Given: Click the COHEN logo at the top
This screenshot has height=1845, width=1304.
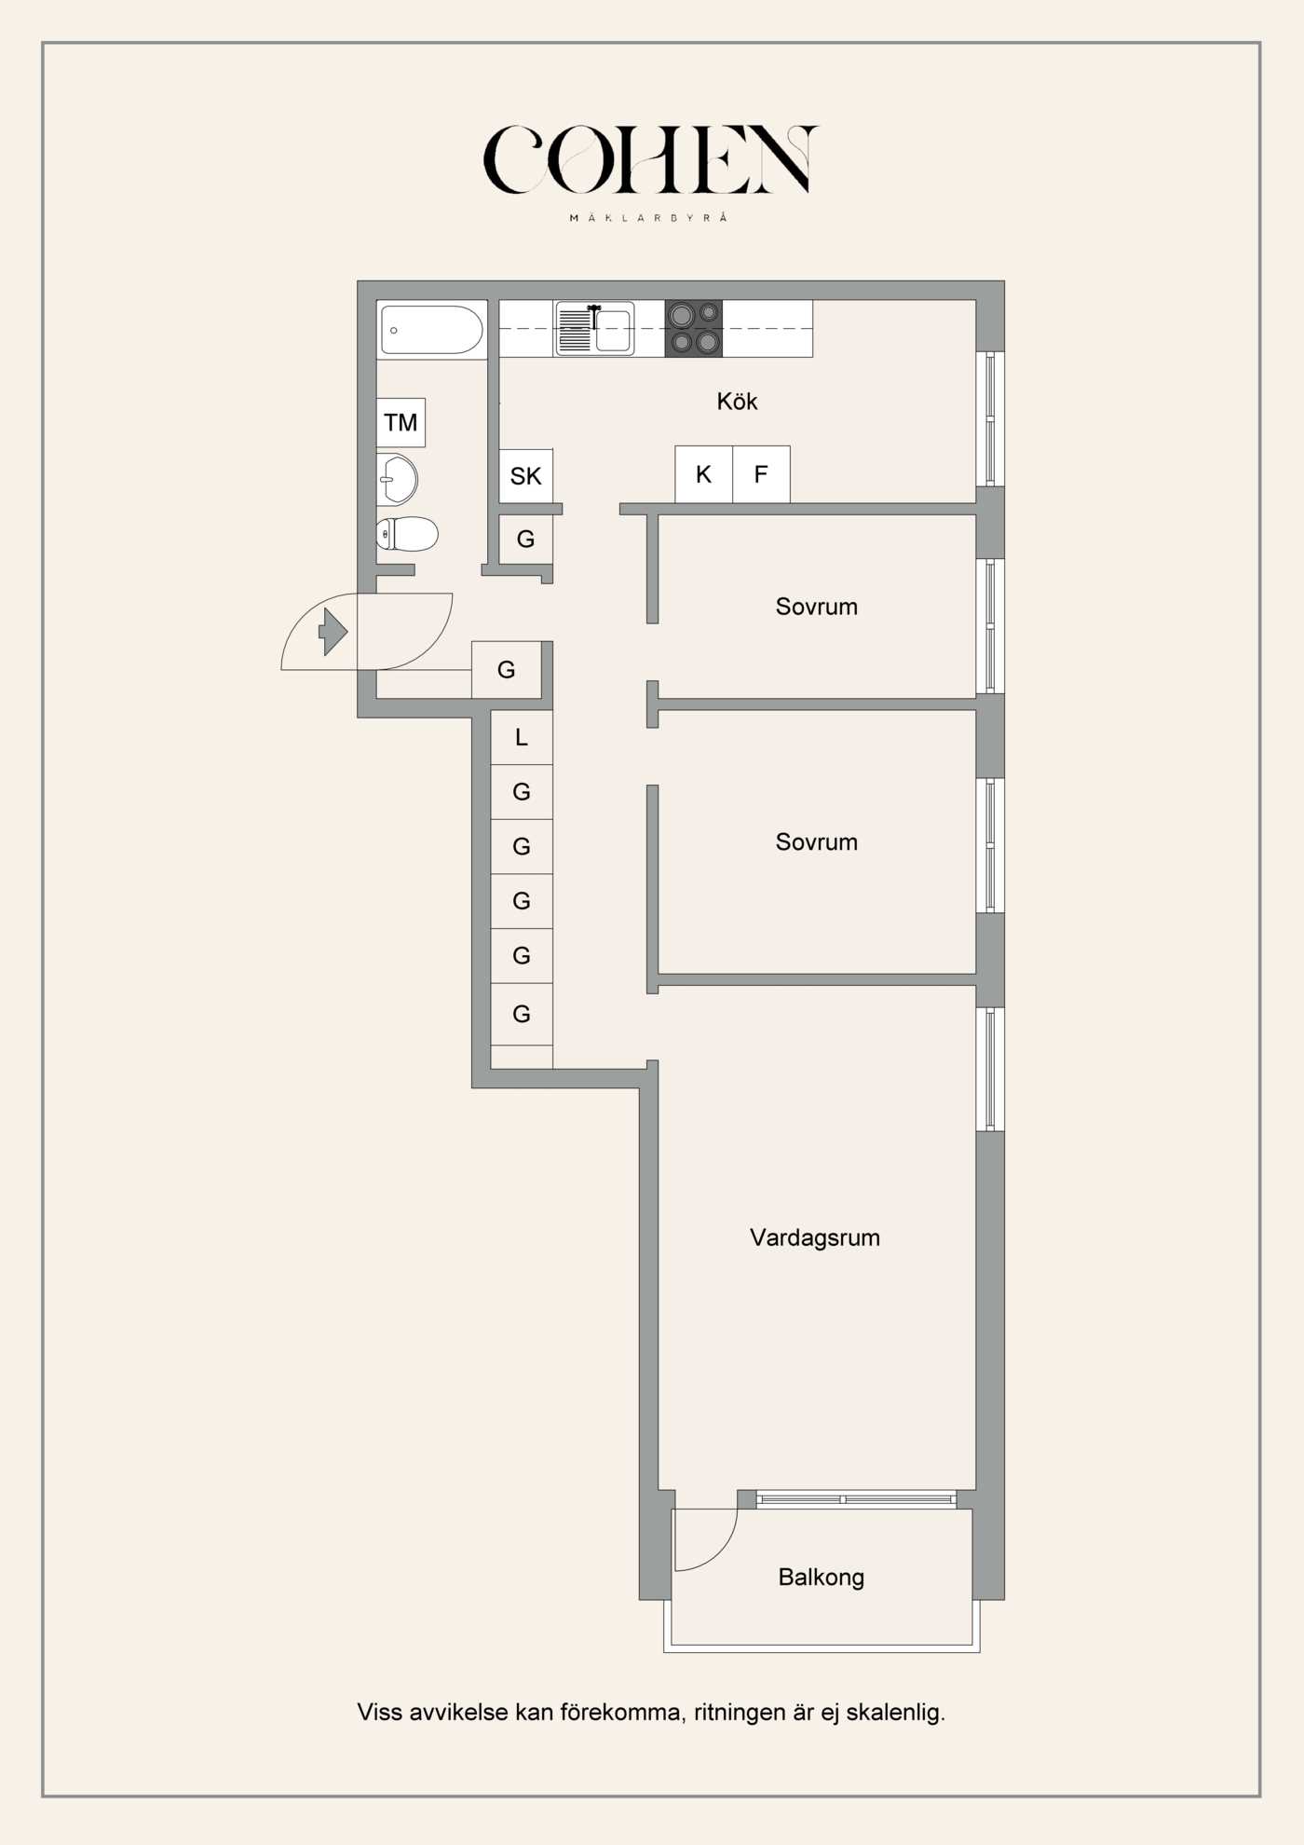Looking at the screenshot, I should [649, 160].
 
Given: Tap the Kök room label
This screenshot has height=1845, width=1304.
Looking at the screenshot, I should [737, 402].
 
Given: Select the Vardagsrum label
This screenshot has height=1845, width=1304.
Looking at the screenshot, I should [814, 1237].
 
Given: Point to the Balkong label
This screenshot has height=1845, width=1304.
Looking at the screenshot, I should [821, 1578].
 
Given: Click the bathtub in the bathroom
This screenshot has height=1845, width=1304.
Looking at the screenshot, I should [432, 330].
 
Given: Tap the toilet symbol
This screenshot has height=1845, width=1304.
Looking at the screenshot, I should [408, 534].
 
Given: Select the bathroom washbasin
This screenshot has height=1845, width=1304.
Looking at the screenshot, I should [398, 480].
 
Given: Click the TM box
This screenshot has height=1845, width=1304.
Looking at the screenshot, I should [401, 422].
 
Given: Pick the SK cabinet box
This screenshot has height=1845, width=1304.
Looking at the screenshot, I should [525, 476].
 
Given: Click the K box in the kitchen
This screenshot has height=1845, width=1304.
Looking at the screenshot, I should [703, 474].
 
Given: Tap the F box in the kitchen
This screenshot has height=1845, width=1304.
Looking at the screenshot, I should [761, 474].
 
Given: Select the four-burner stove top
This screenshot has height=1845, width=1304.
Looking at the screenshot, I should [694, 328].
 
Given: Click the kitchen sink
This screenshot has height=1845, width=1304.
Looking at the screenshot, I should [595, 329].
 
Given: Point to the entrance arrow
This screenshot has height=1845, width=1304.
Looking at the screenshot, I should [333, 632].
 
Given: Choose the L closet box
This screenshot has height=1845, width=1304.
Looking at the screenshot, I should [522, 737].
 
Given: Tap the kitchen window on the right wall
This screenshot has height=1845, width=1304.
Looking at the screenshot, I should [990, 418].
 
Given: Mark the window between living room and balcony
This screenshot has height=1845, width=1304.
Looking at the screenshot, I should [855, 1499].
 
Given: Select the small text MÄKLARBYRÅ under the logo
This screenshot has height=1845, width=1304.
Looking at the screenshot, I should [648, 218].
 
